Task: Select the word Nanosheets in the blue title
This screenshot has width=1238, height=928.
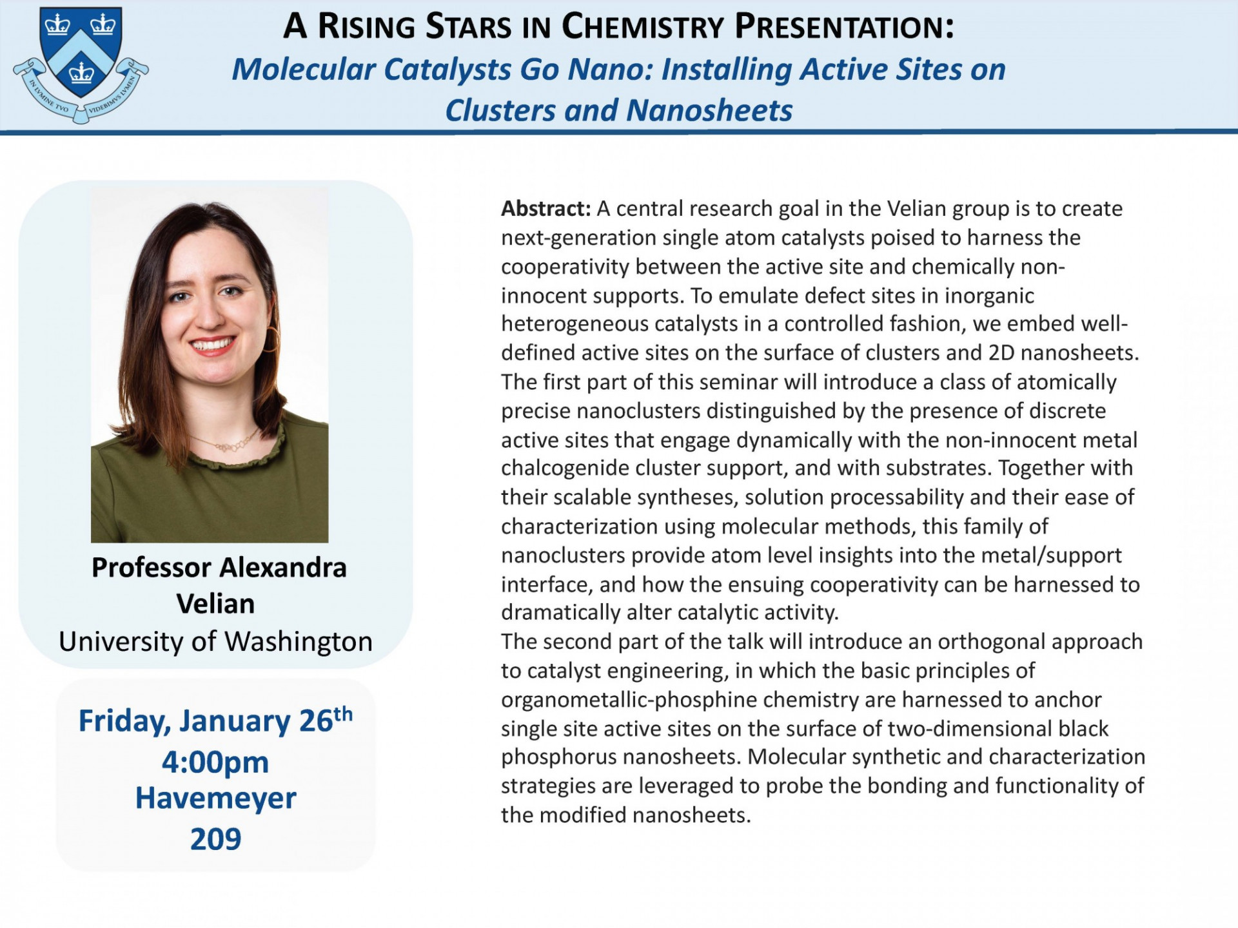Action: (x=709, y=110)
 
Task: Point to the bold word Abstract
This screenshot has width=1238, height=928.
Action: (x=545, y=209)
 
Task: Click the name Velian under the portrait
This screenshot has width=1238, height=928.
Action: (x=215, y=604)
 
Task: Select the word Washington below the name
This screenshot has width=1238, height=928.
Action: (x=299, y=642)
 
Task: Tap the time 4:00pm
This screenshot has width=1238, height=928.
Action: (x=215, y=762)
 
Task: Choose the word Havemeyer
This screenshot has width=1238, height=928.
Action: (x=215, y=798)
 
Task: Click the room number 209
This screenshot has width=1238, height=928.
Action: (x=215, y=839)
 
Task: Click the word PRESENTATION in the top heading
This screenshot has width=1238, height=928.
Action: (x=844, y=27)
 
